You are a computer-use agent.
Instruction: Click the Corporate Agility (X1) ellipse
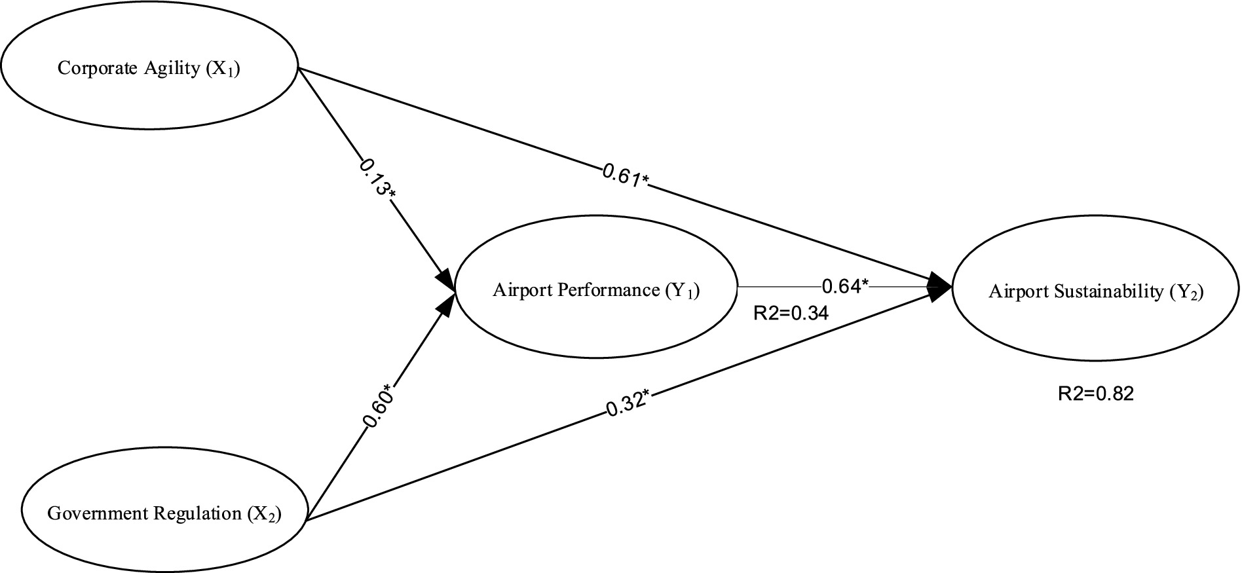149,68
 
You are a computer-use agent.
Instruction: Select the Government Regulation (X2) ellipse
164,513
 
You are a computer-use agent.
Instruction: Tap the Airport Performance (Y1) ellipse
596,289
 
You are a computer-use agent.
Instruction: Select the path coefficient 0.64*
845,286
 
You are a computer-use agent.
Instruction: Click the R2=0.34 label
791,314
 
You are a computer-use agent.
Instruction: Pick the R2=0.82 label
1095,393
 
